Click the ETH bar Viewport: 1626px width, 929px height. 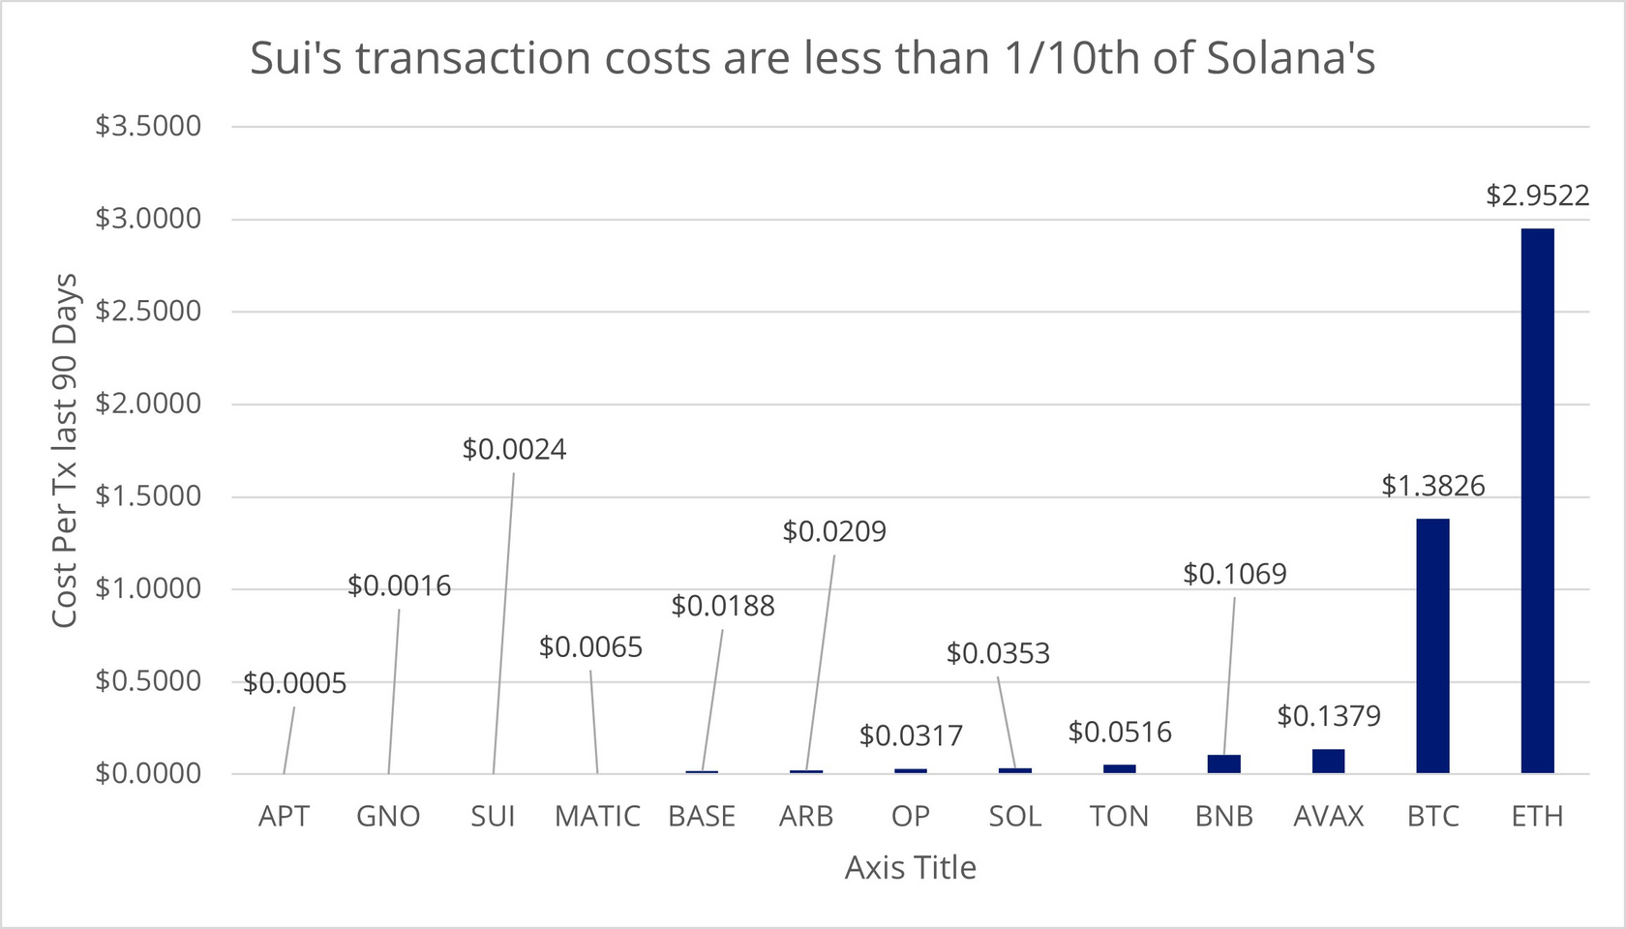point(1537,500)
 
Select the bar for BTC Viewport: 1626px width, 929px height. point(1432,645)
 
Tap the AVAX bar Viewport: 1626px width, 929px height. point(1328,762)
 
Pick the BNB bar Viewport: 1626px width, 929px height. point(1223,764)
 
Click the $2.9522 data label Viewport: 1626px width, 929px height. point(1537,196)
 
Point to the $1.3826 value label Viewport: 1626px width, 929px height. point(1432,486)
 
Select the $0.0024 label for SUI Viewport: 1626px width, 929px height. point(514,450)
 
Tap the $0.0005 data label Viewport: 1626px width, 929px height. point(294,684)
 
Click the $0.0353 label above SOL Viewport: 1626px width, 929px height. point(997,654)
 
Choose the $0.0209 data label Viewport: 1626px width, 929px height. point(833,532)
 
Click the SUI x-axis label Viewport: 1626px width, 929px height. point(493,817)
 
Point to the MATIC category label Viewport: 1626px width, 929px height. point(597,817)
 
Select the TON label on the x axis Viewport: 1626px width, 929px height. point(1119,817)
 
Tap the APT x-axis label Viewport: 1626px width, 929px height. point(284,817)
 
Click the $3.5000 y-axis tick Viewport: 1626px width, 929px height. point(148,126)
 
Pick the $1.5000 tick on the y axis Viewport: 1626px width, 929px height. point(148,496)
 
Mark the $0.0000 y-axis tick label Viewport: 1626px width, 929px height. point(148,774)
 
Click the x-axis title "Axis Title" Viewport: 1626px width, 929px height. point(910,868)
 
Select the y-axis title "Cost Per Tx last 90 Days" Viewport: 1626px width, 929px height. point(65,450)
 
